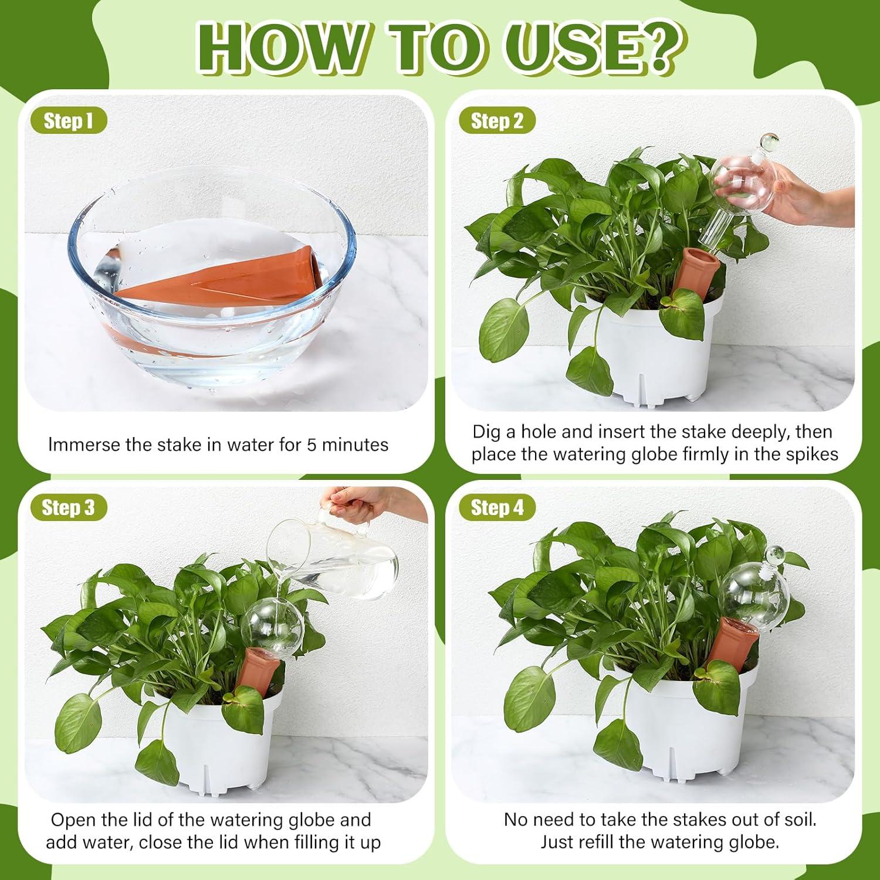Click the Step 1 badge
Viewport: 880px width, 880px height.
click(x=68, y=121)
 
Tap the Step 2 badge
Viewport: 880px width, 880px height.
click(x=497, y=121)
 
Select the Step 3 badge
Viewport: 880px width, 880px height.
click(x=68, y=507)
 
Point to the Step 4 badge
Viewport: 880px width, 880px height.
click(x=497, y=507)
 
